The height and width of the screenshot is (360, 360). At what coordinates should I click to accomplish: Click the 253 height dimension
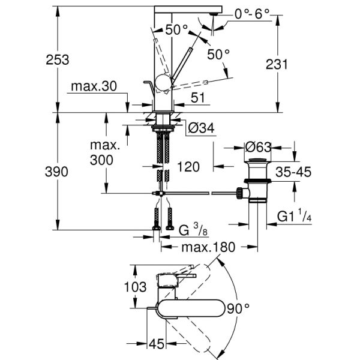coord(57,60)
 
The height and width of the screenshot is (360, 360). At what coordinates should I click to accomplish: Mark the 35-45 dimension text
coord(293,172)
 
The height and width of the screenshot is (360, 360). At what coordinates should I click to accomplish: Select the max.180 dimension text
coord(204,247)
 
